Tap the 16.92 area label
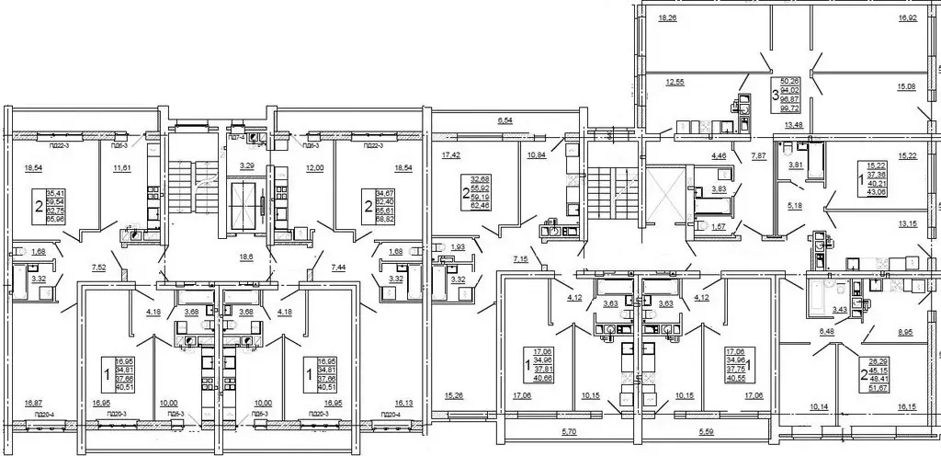(x=908, y=17)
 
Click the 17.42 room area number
(x=451, y=155)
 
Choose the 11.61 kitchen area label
(x=123, y=168)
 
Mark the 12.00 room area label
(x=315, y=168)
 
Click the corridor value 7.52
(x=99, y=268)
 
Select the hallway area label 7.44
(x=336, y=268)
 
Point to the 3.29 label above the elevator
(x=246, y=165)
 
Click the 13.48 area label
(x=791, y=126)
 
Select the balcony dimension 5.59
(x=706, y=430)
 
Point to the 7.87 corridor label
(x=759, y=156)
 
